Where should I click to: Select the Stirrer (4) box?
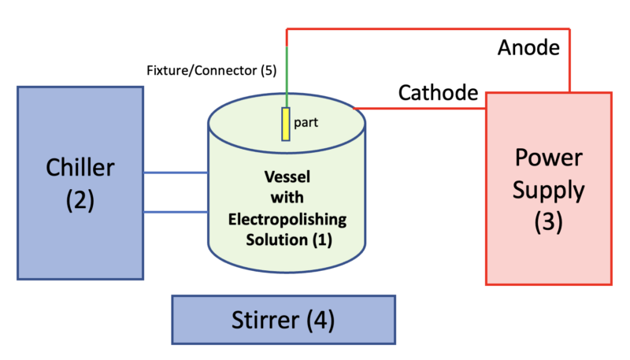(283, 320)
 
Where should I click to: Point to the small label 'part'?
(306, 124)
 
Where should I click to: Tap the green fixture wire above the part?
(287, 79)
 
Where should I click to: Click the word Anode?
(528, 48)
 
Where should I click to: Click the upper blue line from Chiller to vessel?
(176, 173)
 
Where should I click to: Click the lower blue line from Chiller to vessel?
(176, 211)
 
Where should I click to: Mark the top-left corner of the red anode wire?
(287, 29)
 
